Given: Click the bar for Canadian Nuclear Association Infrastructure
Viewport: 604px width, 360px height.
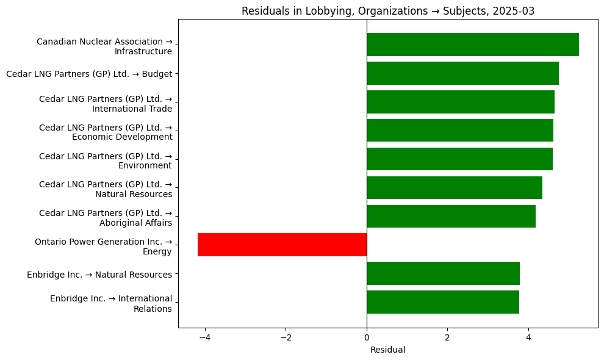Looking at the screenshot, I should click(x=473, y=45).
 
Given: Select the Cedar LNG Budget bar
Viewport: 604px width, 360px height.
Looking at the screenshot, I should click(x=462, y=73).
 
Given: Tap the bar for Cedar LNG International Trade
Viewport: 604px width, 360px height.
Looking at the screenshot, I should click(x=461, y=102).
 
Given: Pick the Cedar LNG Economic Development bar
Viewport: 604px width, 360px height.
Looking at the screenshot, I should click(x=460, y=131).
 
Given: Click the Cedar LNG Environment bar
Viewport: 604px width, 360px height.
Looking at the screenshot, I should click(x=459, y=159).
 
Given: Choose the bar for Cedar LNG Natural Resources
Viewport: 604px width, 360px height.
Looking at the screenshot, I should click(x=455, y=188).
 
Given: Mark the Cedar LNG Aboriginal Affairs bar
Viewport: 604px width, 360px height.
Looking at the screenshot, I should click(x=451, y=217).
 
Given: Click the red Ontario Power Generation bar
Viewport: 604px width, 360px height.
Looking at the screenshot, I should click(x=282, y=245).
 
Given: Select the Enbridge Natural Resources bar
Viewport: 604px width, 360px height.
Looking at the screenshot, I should click(x=443, y=273).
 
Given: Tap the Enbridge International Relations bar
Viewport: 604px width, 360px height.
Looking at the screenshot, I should click(x=443, y=302).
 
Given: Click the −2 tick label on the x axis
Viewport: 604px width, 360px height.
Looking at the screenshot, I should click(x=286, y=337).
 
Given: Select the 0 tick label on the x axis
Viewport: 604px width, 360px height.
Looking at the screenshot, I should click(x=367, y=337).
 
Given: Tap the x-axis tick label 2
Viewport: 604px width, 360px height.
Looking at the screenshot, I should click(x=447, y=337).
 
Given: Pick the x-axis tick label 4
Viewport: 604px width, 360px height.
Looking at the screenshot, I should click(x=528, y=337).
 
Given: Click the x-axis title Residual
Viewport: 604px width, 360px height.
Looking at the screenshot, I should click(x=387, y=350).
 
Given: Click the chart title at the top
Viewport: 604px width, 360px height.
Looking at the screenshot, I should click(x=388, y=11).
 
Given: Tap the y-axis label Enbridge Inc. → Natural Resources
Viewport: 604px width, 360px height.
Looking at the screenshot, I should click(x=99, y=275).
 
